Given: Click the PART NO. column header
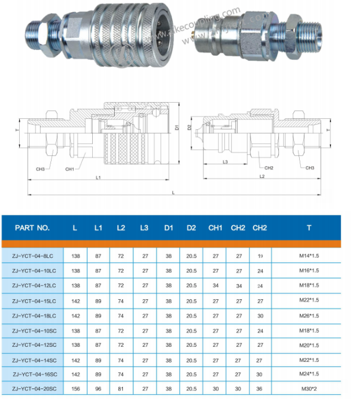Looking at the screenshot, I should pyautogui.click(x=32, y=227).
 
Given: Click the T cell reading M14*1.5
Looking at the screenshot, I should pyautogui.click(x=308, y=256).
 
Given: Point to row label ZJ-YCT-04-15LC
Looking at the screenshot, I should pyautogui.click(x=34, y=300).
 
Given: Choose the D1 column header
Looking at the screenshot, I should pyautogui.click(x=168, y=227).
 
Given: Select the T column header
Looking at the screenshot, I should pyautogui.click(x=308, y=227).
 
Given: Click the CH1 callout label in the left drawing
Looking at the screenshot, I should pyautogui.click(x=70, y=169).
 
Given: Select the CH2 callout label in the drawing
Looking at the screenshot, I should pyautogui.click(x=269, y=168).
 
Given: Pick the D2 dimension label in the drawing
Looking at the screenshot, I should pyautogui.click(x=190, y=127).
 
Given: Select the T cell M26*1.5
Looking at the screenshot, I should pyautogui.click(x=308, y=315).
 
